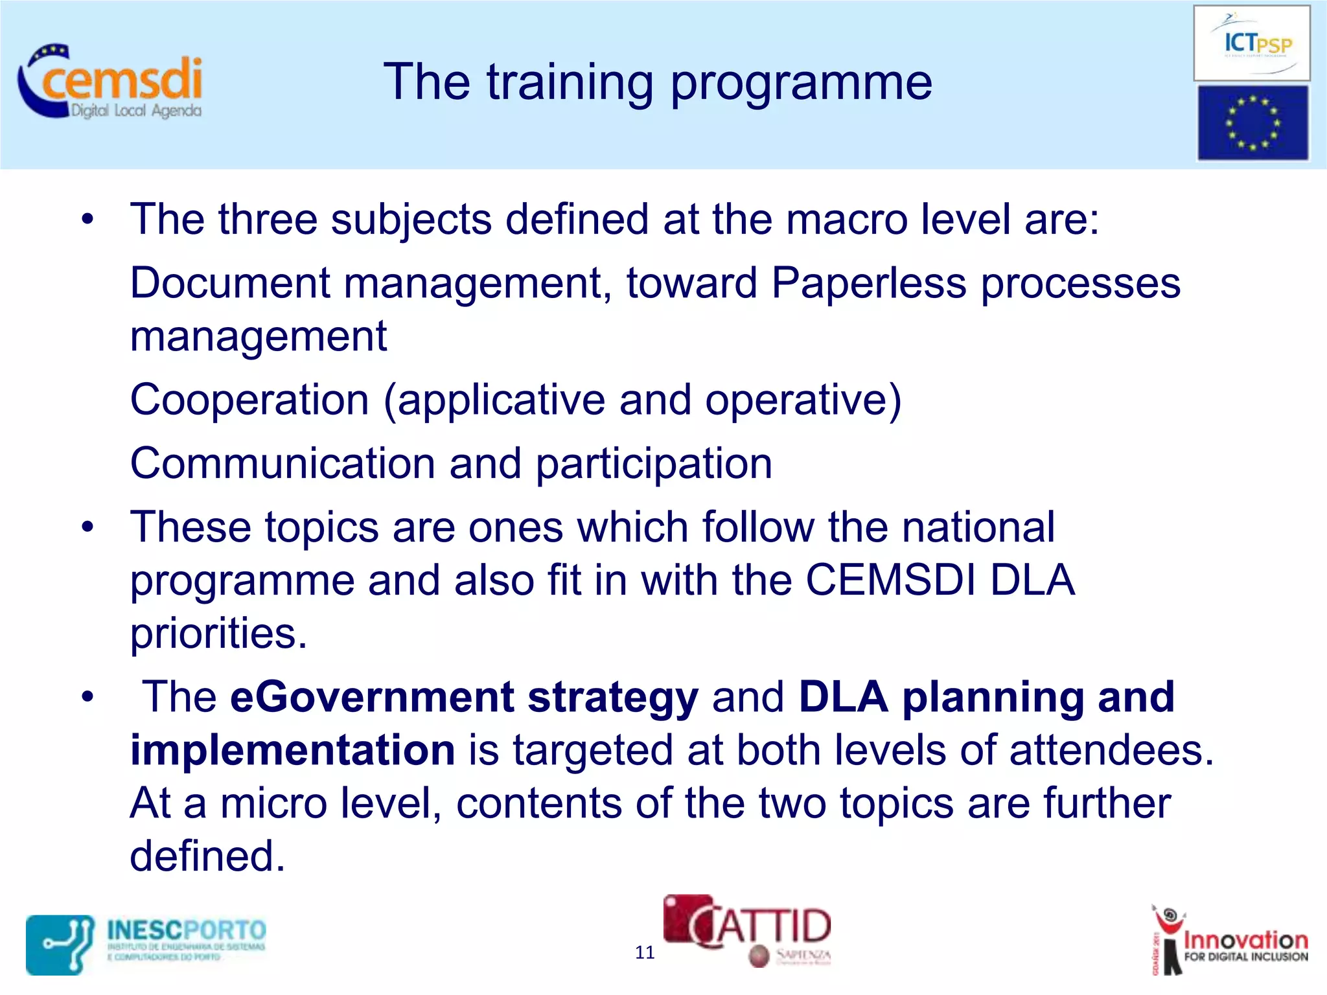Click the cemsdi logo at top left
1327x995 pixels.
(x=110, y=82)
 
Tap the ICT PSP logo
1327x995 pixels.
(x=1252, y=43)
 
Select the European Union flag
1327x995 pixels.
(x=1252, y=123)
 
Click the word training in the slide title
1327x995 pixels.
(x=570, y=82)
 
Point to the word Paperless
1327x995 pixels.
(x=868, y=283)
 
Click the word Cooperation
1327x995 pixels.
(x=249, y=400)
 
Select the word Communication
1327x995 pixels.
(x=283, y=464)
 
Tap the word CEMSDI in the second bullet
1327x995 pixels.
(x=890, y=580)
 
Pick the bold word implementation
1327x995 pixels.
(x=293, y=750)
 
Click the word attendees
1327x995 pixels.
(x=1111, y=750)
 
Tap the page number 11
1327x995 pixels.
(x=645, y=952)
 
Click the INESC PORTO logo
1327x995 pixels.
(x=146, y=944)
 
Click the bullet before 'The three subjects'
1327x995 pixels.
(x=88, y=220)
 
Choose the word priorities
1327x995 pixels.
(x=218, y=634)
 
